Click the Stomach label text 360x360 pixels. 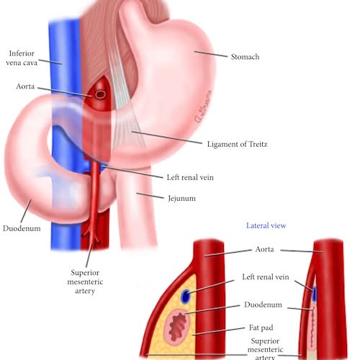[x=245, y=57]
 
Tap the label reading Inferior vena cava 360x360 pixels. [x=22, y=58]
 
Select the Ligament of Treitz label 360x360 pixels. [x=237, y=144]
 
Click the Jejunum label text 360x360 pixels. [x=181, y=199]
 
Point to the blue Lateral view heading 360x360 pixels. [x=266, y=225]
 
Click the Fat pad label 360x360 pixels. [x=261, y=328]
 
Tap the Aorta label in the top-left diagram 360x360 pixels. [x=25, y=86]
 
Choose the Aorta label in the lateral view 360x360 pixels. [x=264, y=249]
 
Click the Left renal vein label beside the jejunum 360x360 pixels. [x=190, y=177]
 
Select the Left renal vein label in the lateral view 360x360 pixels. [x=266, y=277]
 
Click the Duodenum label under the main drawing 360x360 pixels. [x=22, y=228]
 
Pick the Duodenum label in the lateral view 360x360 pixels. [x=263, y=305]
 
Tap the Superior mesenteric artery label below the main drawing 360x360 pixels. [x=85, y=282]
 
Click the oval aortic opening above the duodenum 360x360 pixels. [x=100, y=94]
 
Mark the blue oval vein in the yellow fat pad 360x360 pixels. [x=186, y=296]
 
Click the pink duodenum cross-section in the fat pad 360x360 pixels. [x=177, y=325]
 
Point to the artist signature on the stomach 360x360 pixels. [x=203, y=106]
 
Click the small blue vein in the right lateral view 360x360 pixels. [x=315, y=294]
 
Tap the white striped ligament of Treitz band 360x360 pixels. [x=125, y=101]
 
